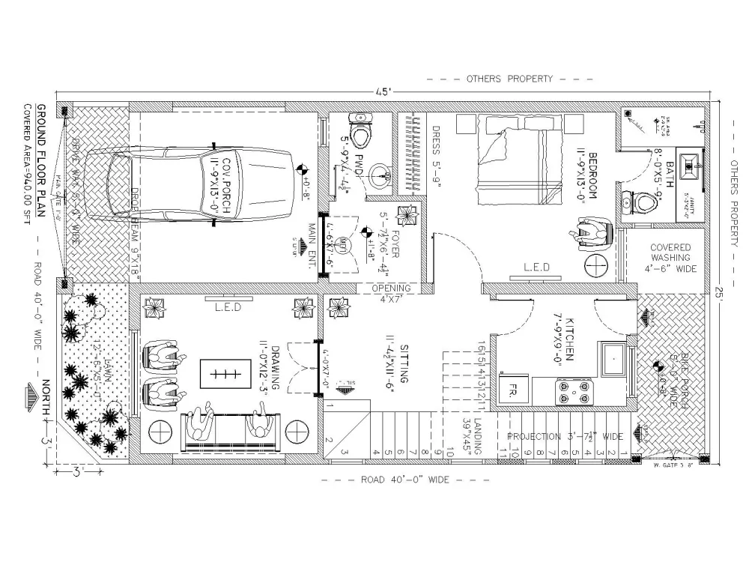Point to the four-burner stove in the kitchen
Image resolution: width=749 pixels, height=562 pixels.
point(573,392)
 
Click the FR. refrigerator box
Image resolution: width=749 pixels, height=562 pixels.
point(514,392)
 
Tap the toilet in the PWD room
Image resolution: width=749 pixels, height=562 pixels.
point(361,132)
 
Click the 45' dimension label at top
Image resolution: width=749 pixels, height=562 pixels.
point(383,91)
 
